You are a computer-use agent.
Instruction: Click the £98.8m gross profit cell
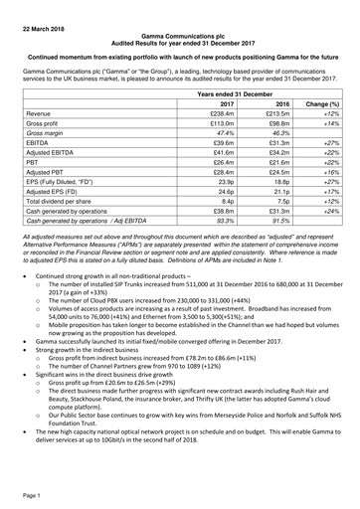pos(274,127)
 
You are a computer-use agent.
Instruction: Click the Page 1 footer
pos(23,494)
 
